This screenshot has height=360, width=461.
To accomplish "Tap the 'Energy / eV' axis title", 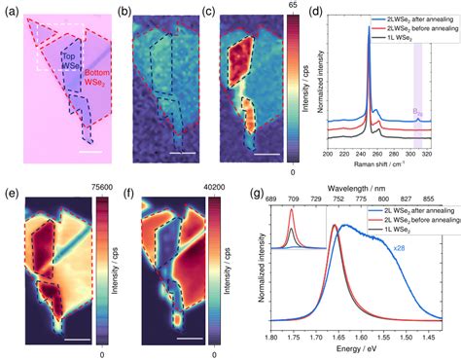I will click(355, 353).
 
